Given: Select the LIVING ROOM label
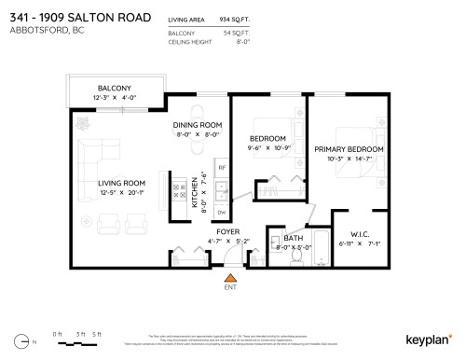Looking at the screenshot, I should coord(122,182).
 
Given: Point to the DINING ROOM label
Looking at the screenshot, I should coord(197,125).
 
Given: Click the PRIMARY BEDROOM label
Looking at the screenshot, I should coord(349,149).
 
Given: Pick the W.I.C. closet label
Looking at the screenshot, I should coord(361,234).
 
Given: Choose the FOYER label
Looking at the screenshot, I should coord(228,231).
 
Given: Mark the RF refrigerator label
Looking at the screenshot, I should coord(221,168).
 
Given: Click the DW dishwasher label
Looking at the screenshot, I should coord(221,212).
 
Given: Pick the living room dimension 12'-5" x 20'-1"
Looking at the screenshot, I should coord(122,193).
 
